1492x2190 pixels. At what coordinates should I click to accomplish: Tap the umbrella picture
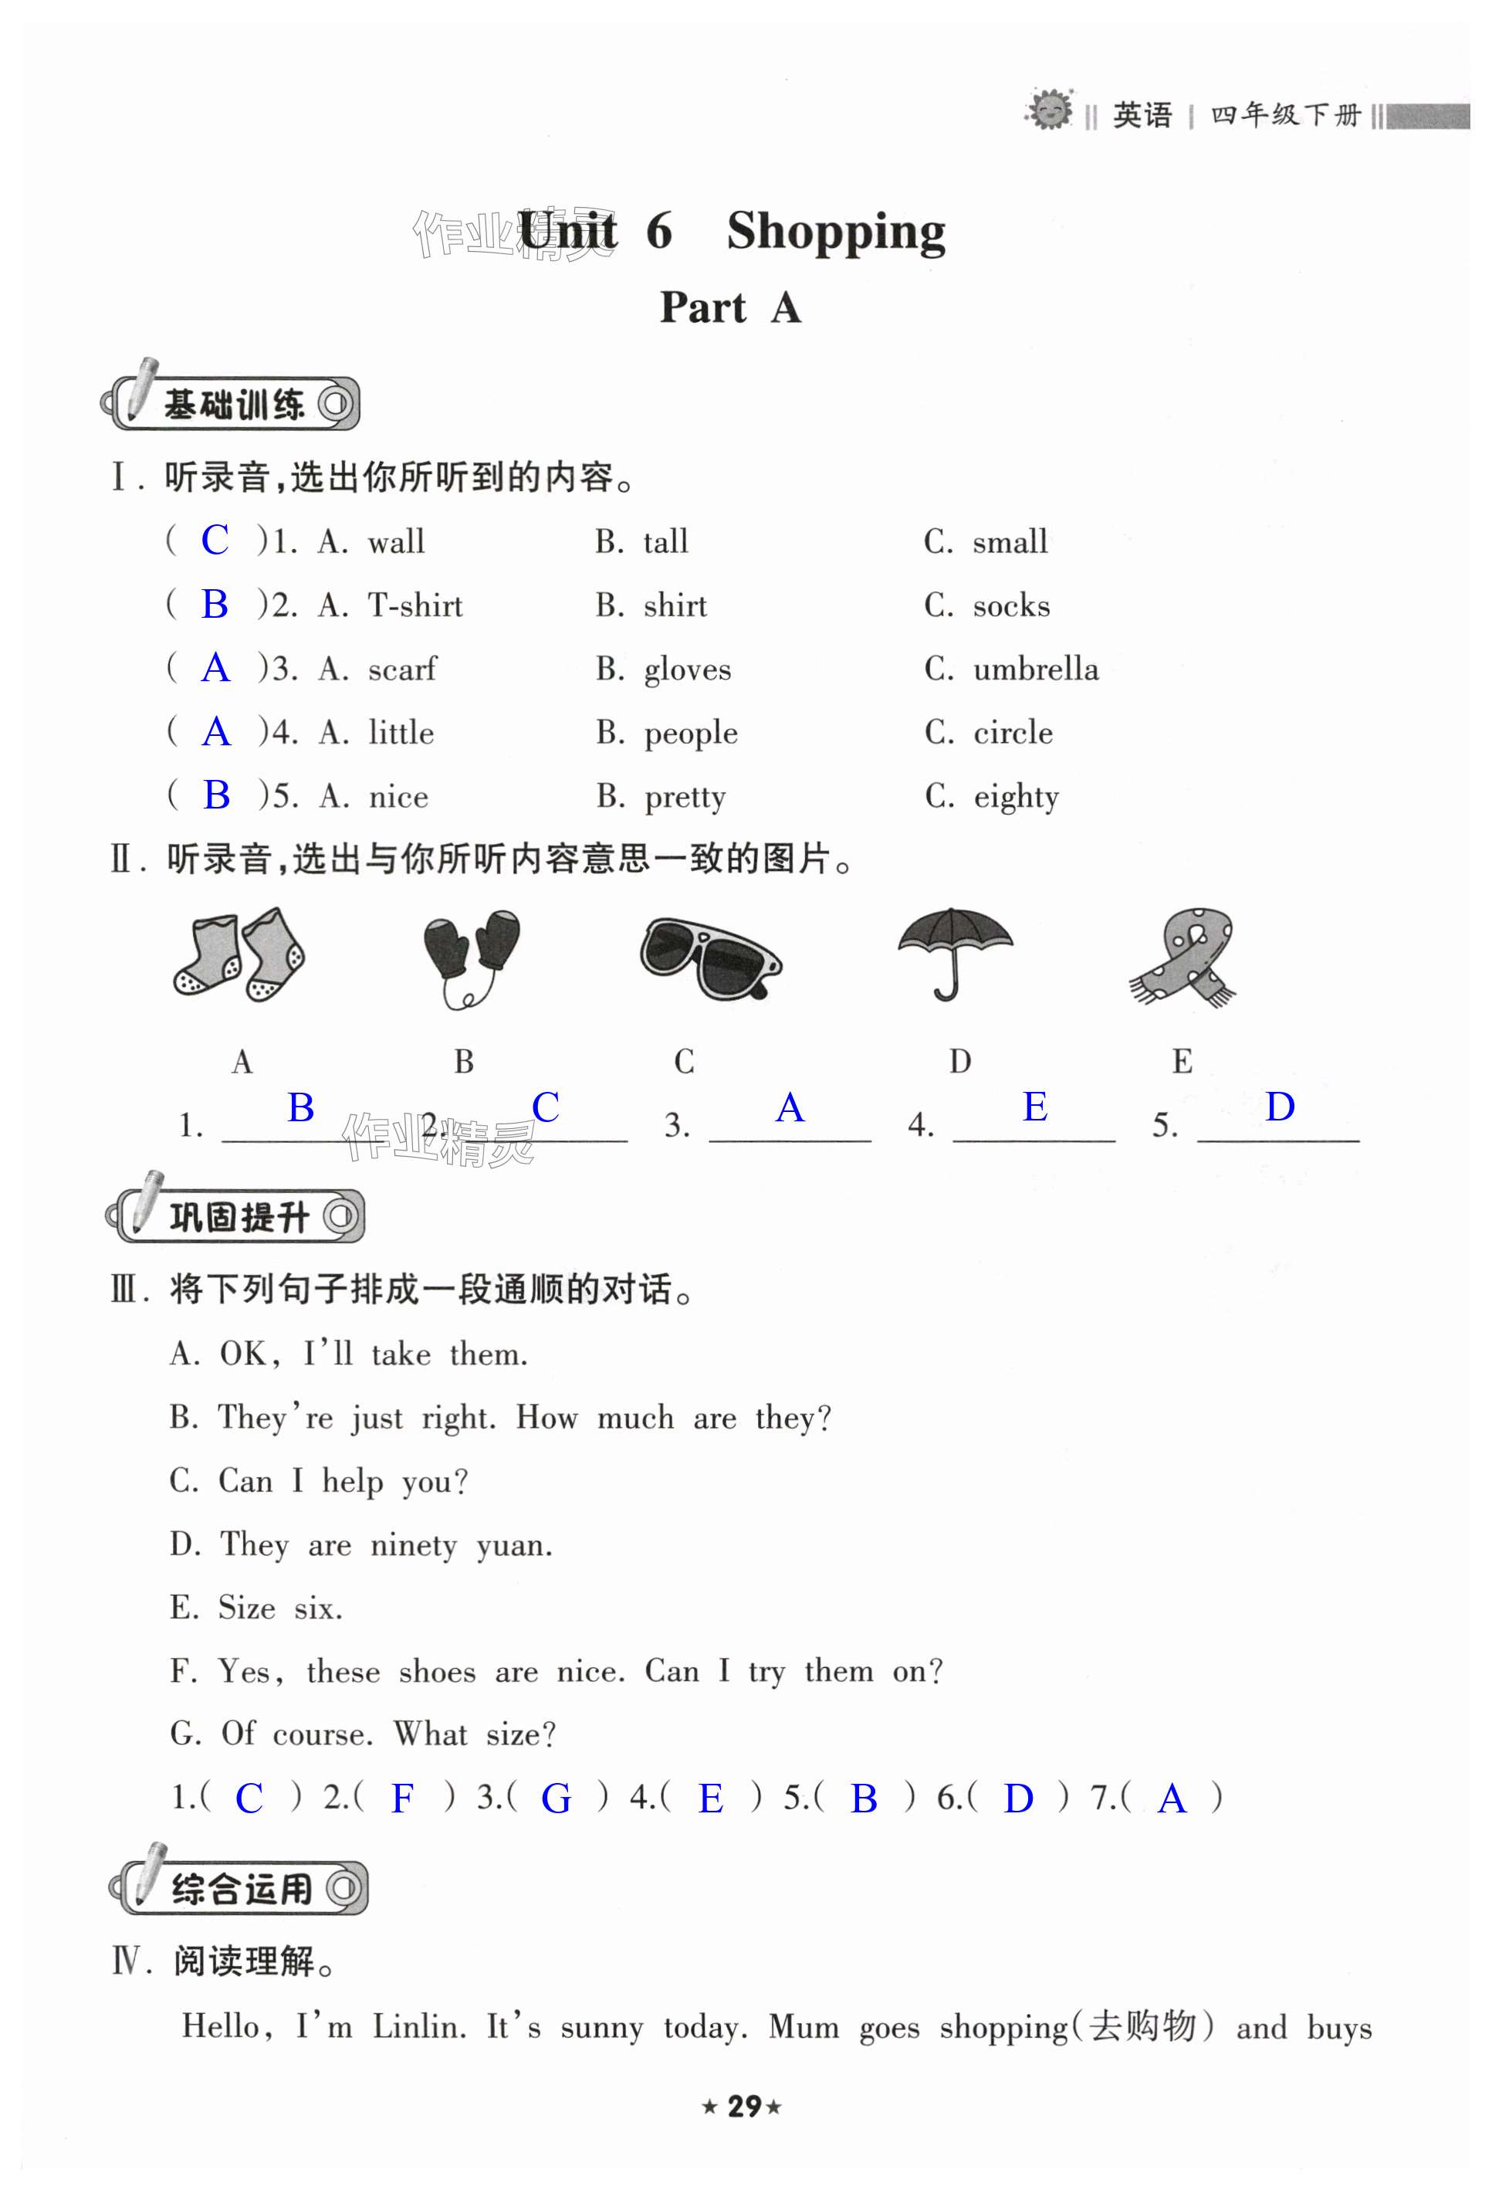coord(954,952)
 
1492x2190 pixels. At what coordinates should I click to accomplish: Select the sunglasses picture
coord(709,958)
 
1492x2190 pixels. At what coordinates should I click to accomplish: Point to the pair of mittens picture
coord(470,954)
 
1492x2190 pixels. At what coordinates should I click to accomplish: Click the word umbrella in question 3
coord(1035,669)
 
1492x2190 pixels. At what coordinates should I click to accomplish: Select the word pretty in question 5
coord(685,797)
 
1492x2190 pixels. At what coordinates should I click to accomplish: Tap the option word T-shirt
coord(415,605)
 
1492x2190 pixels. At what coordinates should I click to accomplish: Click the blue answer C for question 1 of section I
coord(215,540)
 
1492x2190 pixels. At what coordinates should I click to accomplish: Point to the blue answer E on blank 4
coord(1034,1107)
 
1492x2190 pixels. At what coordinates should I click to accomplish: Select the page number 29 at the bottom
coord(744,2106)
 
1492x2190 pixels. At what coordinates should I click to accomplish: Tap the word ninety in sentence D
coord(413,1545)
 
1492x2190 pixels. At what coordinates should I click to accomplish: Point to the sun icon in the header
coord(1049,111)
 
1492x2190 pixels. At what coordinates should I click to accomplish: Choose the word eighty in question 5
coord(1016,797)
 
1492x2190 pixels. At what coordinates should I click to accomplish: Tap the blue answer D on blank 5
coord(1279,1107)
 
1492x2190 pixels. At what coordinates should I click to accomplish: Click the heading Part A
coord(730,307)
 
